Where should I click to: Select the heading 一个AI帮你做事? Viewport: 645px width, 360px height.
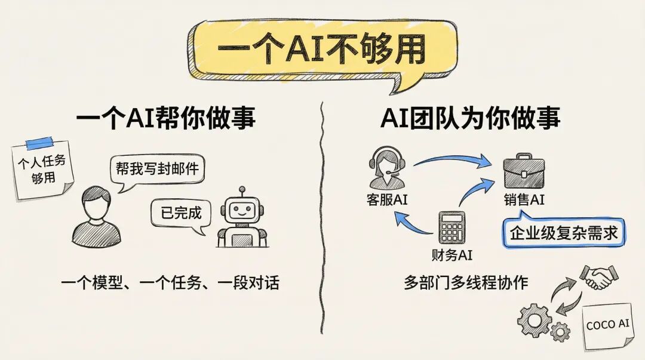[x=165, y=119]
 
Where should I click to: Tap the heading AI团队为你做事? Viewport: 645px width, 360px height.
[x=470, y=119]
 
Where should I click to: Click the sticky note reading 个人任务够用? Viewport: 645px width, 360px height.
[x=43, y=170]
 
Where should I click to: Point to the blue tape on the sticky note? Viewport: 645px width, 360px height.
[x=39, y=143]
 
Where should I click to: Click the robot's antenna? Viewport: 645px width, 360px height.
[x=241, y=191]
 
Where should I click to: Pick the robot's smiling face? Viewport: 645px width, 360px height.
[x=241, y=211]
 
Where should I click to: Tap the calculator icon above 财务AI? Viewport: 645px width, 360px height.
[x=452, y=227]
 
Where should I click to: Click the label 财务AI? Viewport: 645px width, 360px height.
[x=452, y=255]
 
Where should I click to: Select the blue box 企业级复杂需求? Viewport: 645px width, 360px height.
[x=563, y=232]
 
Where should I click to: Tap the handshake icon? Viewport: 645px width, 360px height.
[x=598, y=276]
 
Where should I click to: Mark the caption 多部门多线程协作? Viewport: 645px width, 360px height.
[x=466, y=282]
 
